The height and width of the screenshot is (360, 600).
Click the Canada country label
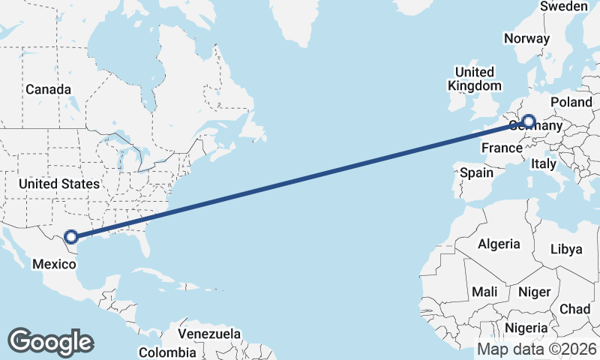pos(48,89)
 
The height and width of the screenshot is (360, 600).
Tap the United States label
pos(59,184)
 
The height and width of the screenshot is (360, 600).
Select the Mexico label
pos(53,264)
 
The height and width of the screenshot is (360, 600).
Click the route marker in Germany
pos(529,121)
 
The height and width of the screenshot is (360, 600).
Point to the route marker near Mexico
pos(70,237)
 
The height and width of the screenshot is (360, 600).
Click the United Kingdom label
pos(475,79)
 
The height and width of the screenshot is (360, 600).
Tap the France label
pos(501,148)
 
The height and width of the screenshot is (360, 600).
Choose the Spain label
pos(477,172)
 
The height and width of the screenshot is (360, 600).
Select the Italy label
pos(544,163)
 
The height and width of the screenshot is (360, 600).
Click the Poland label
pos(571,102)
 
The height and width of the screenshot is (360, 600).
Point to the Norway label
pos(527,39)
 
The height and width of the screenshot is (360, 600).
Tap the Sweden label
pos(564,6)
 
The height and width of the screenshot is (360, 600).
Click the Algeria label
pos(499,244)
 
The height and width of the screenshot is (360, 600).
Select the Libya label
pos(566,249)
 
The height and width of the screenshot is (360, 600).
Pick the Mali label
pos(485,291)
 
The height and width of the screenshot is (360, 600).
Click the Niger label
pos(534,292)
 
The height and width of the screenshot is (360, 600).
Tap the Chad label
pos(574,308)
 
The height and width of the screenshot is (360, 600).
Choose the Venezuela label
pos(209,334)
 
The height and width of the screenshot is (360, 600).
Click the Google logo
pos(50,341)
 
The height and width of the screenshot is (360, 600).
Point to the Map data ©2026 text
pos(537,349)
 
